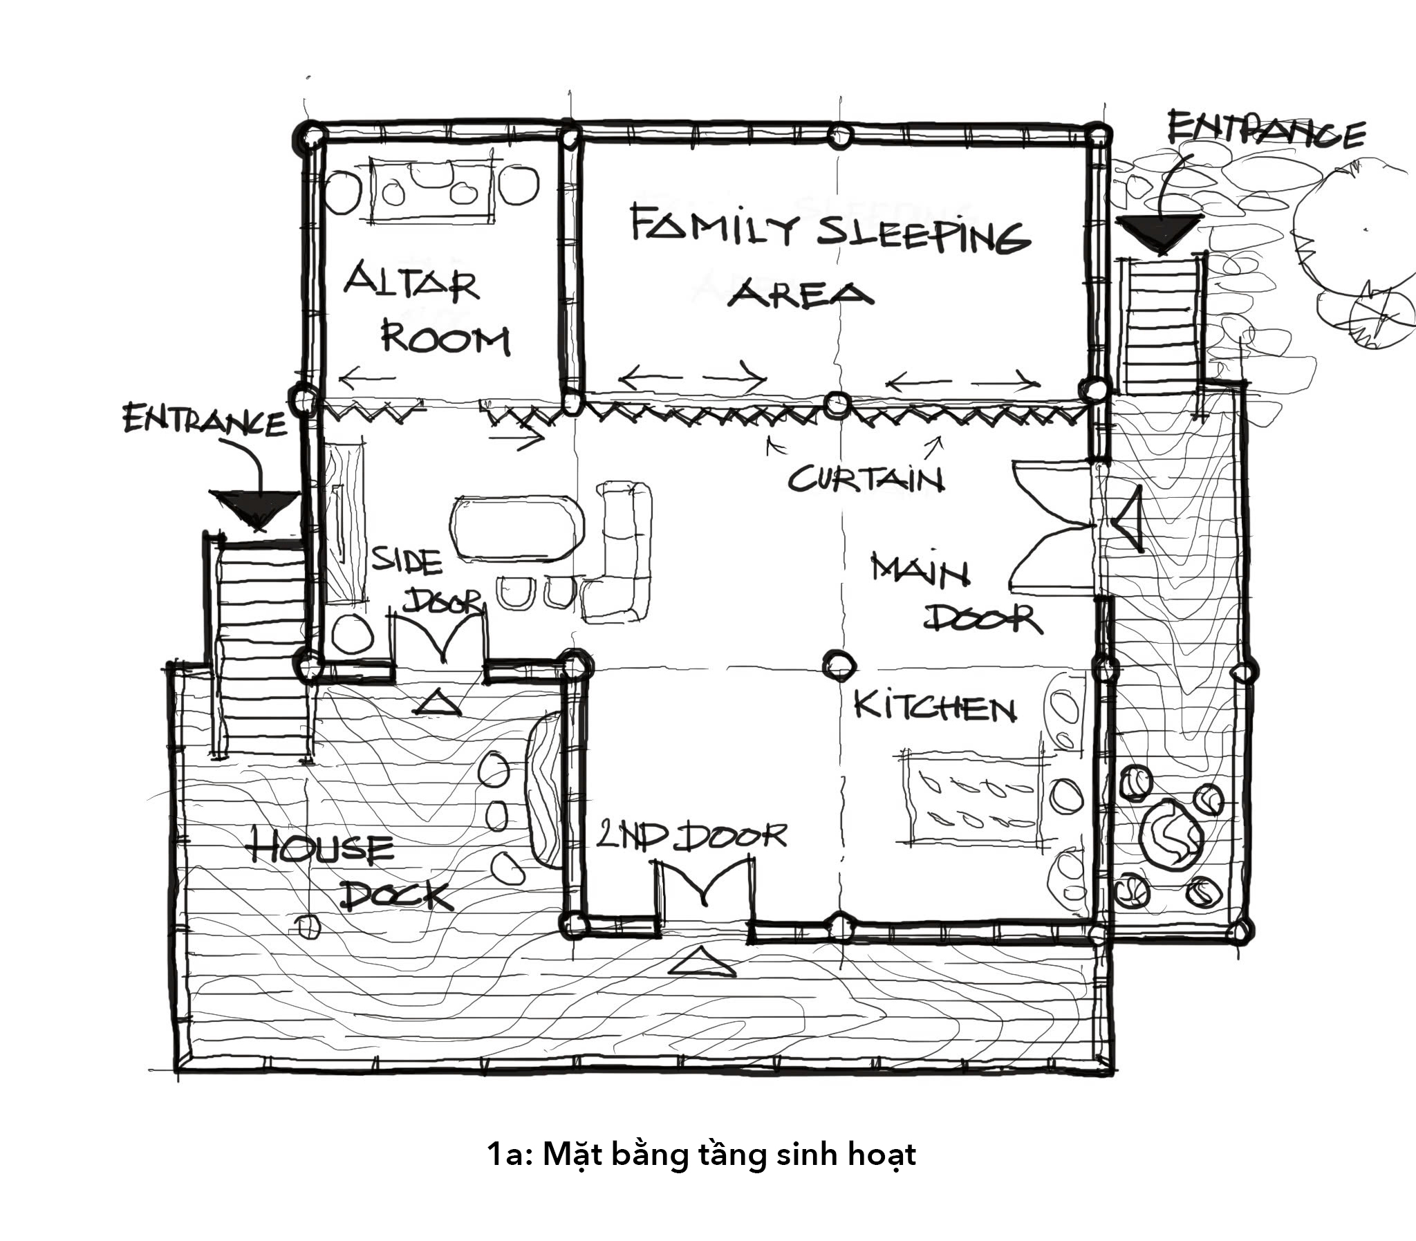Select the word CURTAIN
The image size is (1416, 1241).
coord(866,478)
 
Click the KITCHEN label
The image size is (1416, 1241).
coord(935,707)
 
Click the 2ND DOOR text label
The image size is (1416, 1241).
coord(691,837)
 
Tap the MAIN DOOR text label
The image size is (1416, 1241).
coord(956,592)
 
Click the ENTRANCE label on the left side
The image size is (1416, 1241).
coord(205,420)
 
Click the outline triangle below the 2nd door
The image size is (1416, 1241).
coord(701,962)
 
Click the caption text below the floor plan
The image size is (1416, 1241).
coord(700,1154)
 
